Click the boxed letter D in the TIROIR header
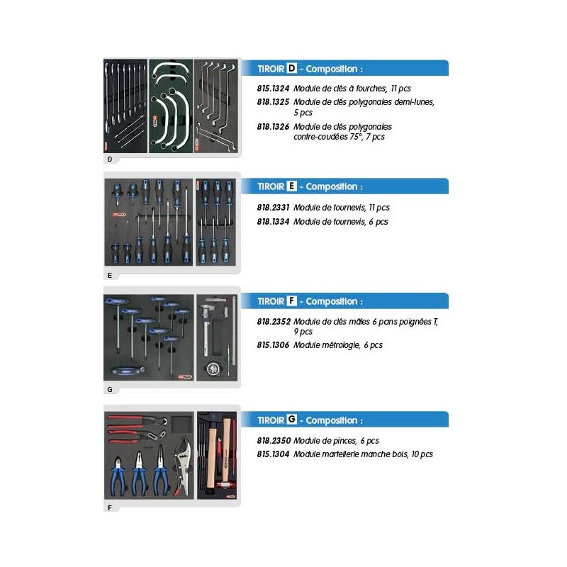pyautogui.click(x=291, y=68)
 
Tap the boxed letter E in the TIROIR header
pyautogui.click(x=291, y=186)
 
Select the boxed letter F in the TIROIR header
pyautogui.click(x=291, y=301)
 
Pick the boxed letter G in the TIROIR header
pyautogui.click(x=291, y=419)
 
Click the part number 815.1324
pyautogui.click(x=273, y=88)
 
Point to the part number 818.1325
pyautogui.click(x=273, y=102)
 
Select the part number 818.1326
pyautogui.click(x=273, y=127)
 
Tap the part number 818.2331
pyautogui.click(x=273, y=208)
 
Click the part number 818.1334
pyautogui.click(x=273, y=222)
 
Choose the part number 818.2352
pyautogui.click(x=273, y=322)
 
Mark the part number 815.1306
pyautogui.click(x=273, y=345)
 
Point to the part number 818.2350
pyautogui.click(x=274, y=440)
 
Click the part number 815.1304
pyautogui.click(x=273, y=454)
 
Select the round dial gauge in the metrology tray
pyautogui.click(x=213, y=369)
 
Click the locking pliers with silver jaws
pyautogui.click(x=183, y=466)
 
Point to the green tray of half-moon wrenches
pyautogui.click(x=170, y=106)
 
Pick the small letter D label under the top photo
pyautogui.click(x=110, y=159)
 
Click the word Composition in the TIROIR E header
pyautogui.click(x=332, y=186)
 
